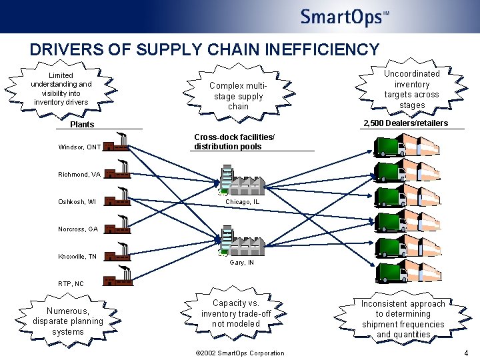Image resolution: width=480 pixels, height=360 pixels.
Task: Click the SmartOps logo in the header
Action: [x=344, y=17]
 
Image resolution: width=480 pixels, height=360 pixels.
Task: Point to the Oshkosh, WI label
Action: [x=77, y=202]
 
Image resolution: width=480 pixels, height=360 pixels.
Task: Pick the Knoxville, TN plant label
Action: [x=77, y=256]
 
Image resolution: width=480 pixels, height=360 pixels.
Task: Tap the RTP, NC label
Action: [x=71, y=283]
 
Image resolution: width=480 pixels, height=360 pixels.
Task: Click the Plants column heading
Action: [x=83, y=124]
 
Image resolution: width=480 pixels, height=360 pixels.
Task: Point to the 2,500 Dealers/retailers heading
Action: [x=405, y=123]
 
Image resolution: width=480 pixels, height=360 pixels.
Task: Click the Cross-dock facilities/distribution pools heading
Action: [x=234, y=142]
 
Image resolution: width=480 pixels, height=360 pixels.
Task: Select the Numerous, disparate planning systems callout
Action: [x=68, y=321]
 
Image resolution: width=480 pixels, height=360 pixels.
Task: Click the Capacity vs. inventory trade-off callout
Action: [x=235, y=313]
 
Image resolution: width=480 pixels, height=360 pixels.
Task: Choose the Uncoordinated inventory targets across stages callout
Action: [x=412, y=89]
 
